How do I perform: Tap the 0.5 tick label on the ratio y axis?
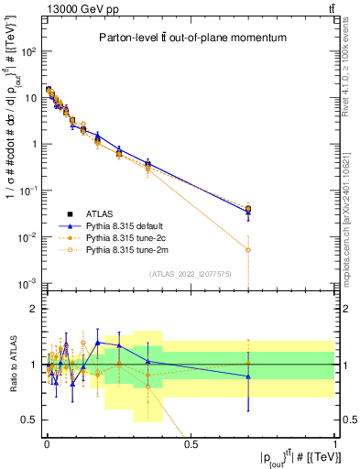pos(30,420)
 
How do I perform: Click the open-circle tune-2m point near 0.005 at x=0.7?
pos(248,249)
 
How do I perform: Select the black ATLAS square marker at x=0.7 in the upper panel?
pos(248,209)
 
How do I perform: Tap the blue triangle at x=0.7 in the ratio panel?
pos(248,376)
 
